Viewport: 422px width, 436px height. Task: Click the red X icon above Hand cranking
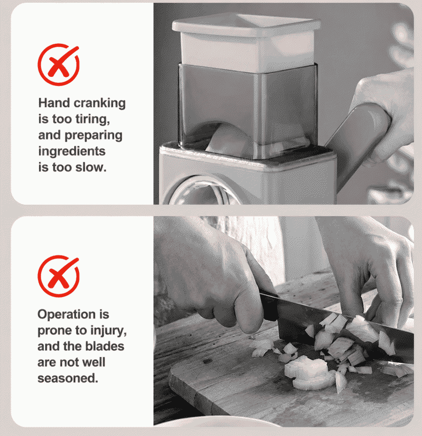(58, 65)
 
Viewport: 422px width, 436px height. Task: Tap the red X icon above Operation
(58, 276)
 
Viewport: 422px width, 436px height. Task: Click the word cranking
(99, 104)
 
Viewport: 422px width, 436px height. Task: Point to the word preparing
(93, 136)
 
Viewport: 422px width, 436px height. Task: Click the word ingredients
(72, 152)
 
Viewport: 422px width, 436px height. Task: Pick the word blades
(105, 346)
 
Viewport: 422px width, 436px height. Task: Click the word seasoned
(68, 378)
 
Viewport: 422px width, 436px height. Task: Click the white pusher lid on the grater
(246, 42)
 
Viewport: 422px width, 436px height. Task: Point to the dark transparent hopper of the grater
(247, 108)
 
